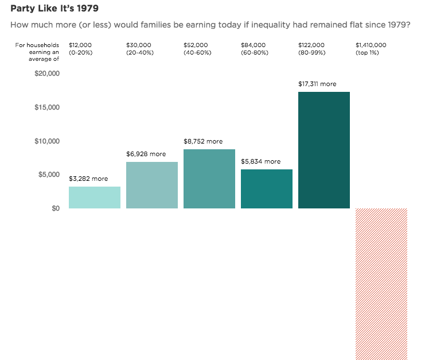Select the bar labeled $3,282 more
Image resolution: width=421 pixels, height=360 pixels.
tap(95, 198)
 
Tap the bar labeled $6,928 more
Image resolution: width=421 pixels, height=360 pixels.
tap(152, 185)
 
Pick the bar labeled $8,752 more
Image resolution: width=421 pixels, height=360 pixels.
tap(209, 179)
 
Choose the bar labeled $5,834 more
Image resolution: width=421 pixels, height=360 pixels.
tap(267, 189)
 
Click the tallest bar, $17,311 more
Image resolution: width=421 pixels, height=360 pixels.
tap(324, 150)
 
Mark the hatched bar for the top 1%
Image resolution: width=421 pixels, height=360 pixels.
tap(381, 284)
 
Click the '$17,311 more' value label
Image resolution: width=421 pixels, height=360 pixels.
tap(317, 84)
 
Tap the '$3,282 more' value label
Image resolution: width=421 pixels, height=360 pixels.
tap(88, 179)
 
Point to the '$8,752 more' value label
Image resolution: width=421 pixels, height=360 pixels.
tap(203, 141)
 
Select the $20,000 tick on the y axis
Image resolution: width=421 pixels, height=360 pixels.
tap(46, 74)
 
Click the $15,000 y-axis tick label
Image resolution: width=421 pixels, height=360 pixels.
tap(46, 107)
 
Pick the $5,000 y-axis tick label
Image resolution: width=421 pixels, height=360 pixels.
tap(48, 175)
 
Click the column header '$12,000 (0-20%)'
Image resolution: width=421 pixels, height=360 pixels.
tap(80, 49)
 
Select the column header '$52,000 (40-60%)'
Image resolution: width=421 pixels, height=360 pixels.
tap(197, 49)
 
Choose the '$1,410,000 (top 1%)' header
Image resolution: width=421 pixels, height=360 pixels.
tap(371, 49)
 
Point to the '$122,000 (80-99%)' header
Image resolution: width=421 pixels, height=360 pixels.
tap(312, 49)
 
